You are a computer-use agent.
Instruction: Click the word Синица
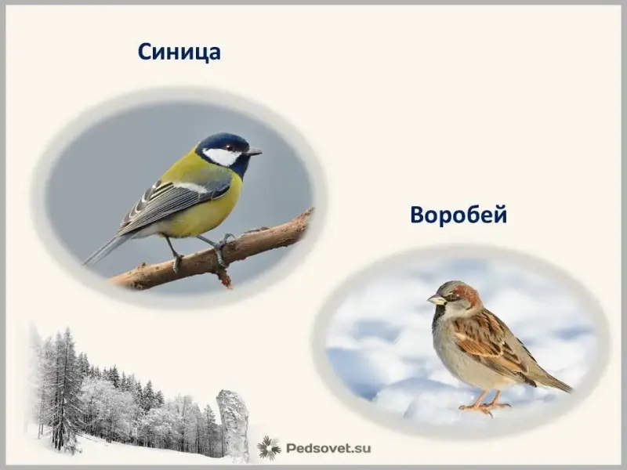pyautogui.click(x=179, y=52)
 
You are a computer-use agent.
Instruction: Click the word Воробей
pyautogui.click(x=458, y=215)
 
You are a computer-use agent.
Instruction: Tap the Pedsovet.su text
pyautogui.click(x=328, y=448)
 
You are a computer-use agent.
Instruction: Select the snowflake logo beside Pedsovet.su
pyautogui.click(x=269, y=448)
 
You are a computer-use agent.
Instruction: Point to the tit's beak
pyautogui.click(x=254, y=152)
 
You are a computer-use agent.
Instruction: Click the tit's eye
pyautogui.click(x=229, y=146)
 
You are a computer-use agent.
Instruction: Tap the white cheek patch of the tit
pyautogui.click(x=221, y=156)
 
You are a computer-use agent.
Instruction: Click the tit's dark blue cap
pyautogui.click(x=224, y=140)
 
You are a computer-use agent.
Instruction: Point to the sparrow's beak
pyautogui.click(x=435, y=299)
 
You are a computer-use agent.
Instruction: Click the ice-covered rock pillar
pyautogui.click(x=233, y=424)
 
